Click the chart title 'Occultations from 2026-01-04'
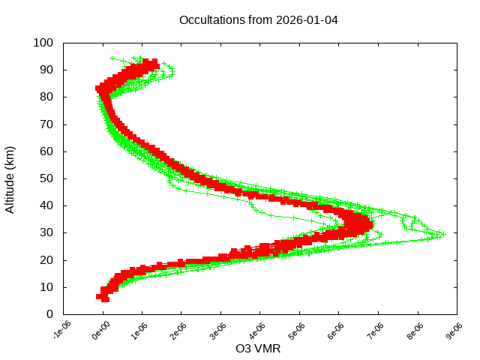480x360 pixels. [x=259, y=19]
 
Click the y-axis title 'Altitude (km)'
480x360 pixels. [x=10, y=178]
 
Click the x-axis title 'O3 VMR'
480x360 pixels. [x=259, y=349]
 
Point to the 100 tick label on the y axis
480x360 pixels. [x=43, y=43]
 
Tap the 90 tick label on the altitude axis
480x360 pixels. [x=46, y=70]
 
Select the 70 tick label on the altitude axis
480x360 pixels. [x=46, y=124]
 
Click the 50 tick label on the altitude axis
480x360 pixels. [x=46, y=178]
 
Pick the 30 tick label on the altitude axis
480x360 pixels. [x=46, y=232]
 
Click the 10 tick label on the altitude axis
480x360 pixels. [x=46, y=287]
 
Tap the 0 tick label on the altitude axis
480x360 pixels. [x=49, y=314]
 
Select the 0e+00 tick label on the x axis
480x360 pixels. [x=100, y=331]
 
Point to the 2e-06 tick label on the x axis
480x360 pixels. [x=179, y=331]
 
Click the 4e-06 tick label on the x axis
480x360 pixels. [x=258, y=331]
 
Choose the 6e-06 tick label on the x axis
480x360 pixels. [x=337, y=331]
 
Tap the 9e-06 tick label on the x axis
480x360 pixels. [x=454, y=331]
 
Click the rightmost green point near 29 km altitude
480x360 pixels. [x=443, y=235]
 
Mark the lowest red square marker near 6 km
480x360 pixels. [x=104, y=298]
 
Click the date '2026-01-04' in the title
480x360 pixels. [x=308, y=19]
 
